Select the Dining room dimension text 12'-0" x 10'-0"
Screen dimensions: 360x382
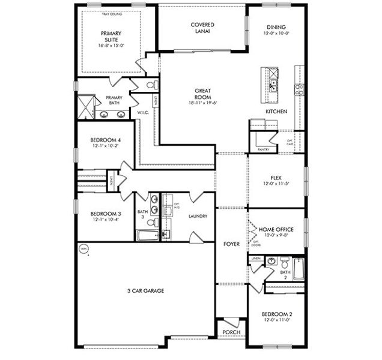tap(276, 34)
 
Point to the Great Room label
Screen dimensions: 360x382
tap(202, 94)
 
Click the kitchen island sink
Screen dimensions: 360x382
tap(273, 85)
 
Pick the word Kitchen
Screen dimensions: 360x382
tap(276, 112)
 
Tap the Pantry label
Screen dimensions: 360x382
tap(263, 149)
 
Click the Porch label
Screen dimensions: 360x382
tap(231, 332)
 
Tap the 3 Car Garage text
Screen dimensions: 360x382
tap(145, 290)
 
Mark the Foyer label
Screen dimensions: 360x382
tap(231, 244)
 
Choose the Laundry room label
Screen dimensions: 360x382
tap(198, 216)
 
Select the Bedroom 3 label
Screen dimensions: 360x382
tap(106, 214)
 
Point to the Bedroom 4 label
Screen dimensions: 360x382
tap(106, 140)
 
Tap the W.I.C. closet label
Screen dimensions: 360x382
tap(143, 112)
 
